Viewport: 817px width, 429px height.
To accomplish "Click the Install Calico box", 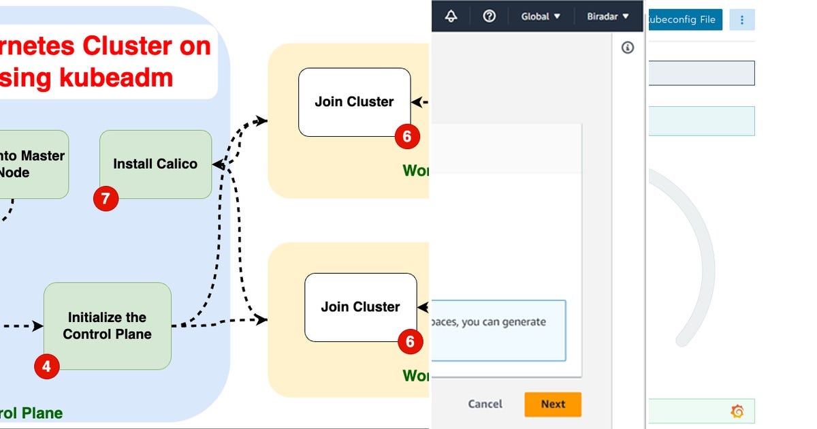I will coord(155,164).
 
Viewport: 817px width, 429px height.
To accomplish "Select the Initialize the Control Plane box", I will coord(108,325).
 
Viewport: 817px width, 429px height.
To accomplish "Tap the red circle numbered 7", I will coord(106,199).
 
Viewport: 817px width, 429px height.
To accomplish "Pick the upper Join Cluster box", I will coord(354,101).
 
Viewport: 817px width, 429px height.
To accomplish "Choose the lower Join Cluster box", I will coord(360,307).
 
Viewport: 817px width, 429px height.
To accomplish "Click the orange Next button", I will coord(553,404).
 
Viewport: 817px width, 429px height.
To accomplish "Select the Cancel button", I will coord(485,404).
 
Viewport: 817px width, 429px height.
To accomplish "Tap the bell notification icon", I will coord(451,16).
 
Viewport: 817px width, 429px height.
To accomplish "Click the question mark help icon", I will coord(489,16).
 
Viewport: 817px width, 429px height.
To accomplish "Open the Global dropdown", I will coord(541,16).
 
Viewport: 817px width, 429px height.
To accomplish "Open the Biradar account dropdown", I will coord(607,16).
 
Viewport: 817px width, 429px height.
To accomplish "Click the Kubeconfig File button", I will coord(683,19).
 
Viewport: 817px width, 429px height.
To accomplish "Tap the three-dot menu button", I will coord(741,19).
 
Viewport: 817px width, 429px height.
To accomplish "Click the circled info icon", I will coord(628,47).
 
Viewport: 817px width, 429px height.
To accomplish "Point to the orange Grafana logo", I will coord(737,411).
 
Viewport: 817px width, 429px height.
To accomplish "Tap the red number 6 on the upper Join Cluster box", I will coord(406,136).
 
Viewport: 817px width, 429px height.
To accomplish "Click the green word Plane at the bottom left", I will coord(40,413).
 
